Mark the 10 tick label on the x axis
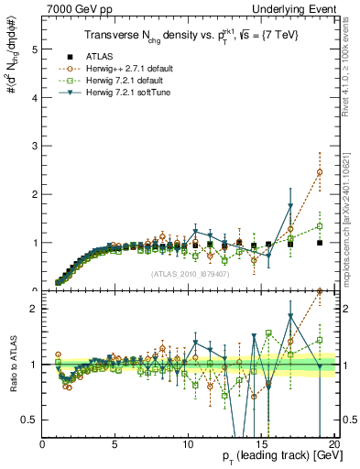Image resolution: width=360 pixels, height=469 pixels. pyautogui.click(x=187, y=443)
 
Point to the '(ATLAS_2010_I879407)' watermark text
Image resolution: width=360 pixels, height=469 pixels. pyautogui.click(x=191, y=272)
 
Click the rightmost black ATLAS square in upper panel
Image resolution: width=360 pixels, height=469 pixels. pyautogui.click(x=320, y=243)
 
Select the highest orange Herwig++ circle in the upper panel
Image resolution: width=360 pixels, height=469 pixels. pyautogui.click(x=320, y=172)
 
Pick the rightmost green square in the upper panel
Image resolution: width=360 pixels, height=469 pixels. pyautogui.click(x=320, y=226)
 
